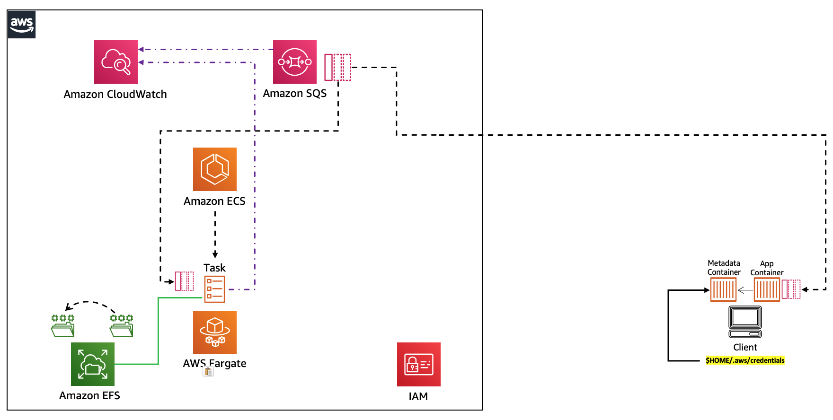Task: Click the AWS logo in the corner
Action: tap(22, 24)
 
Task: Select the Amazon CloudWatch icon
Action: tap(116, 62)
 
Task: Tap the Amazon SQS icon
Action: tap(295, 62)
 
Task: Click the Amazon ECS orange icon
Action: tap(215, 169)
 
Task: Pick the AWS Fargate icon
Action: tap(215, 332)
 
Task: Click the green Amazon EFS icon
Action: tap(93, 364)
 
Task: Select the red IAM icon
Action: tap(419, 364)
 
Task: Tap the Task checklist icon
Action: tap(214, 289)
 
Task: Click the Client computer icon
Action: tap(745, 322)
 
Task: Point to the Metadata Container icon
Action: tap(723, 289)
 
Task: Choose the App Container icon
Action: tap(767, 289)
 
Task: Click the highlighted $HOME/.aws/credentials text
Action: tap(745, 360)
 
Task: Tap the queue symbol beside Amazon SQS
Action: tap(337, 67)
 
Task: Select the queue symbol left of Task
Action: tap(184, 281)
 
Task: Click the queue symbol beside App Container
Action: tap(791, 289)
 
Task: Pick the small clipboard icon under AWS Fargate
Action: tap(208, 372)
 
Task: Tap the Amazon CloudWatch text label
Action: tap(115, 94)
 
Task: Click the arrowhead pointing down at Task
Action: tap(215, 255)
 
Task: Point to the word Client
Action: tap(745, 347)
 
